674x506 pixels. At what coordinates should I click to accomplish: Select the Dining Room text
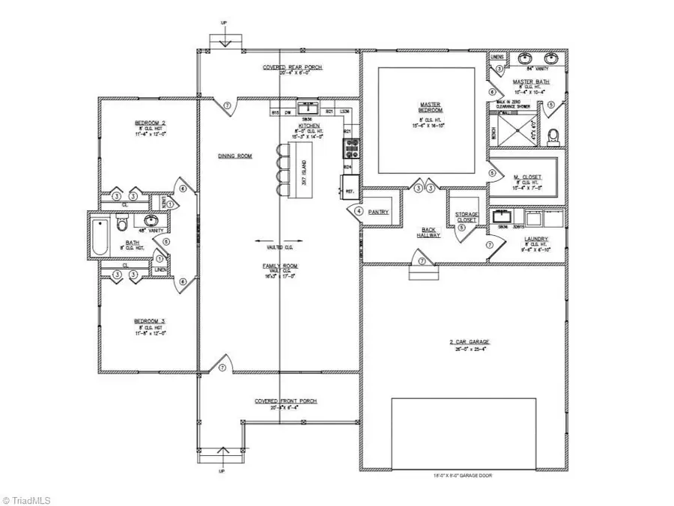click(234, 156)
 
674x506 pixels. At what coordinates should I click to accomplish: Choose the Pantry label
click(378, 212)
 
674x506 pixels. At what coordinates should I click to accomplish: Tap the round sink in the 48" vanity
click(151, 221)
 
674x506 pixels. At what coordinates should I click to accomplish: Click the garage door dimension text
click(463, 475)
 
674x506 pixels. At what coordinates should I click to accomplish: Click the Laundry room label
click(535, 239)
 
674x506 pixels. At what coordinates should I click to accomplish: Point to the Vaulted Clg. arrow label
click(278, 242)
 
